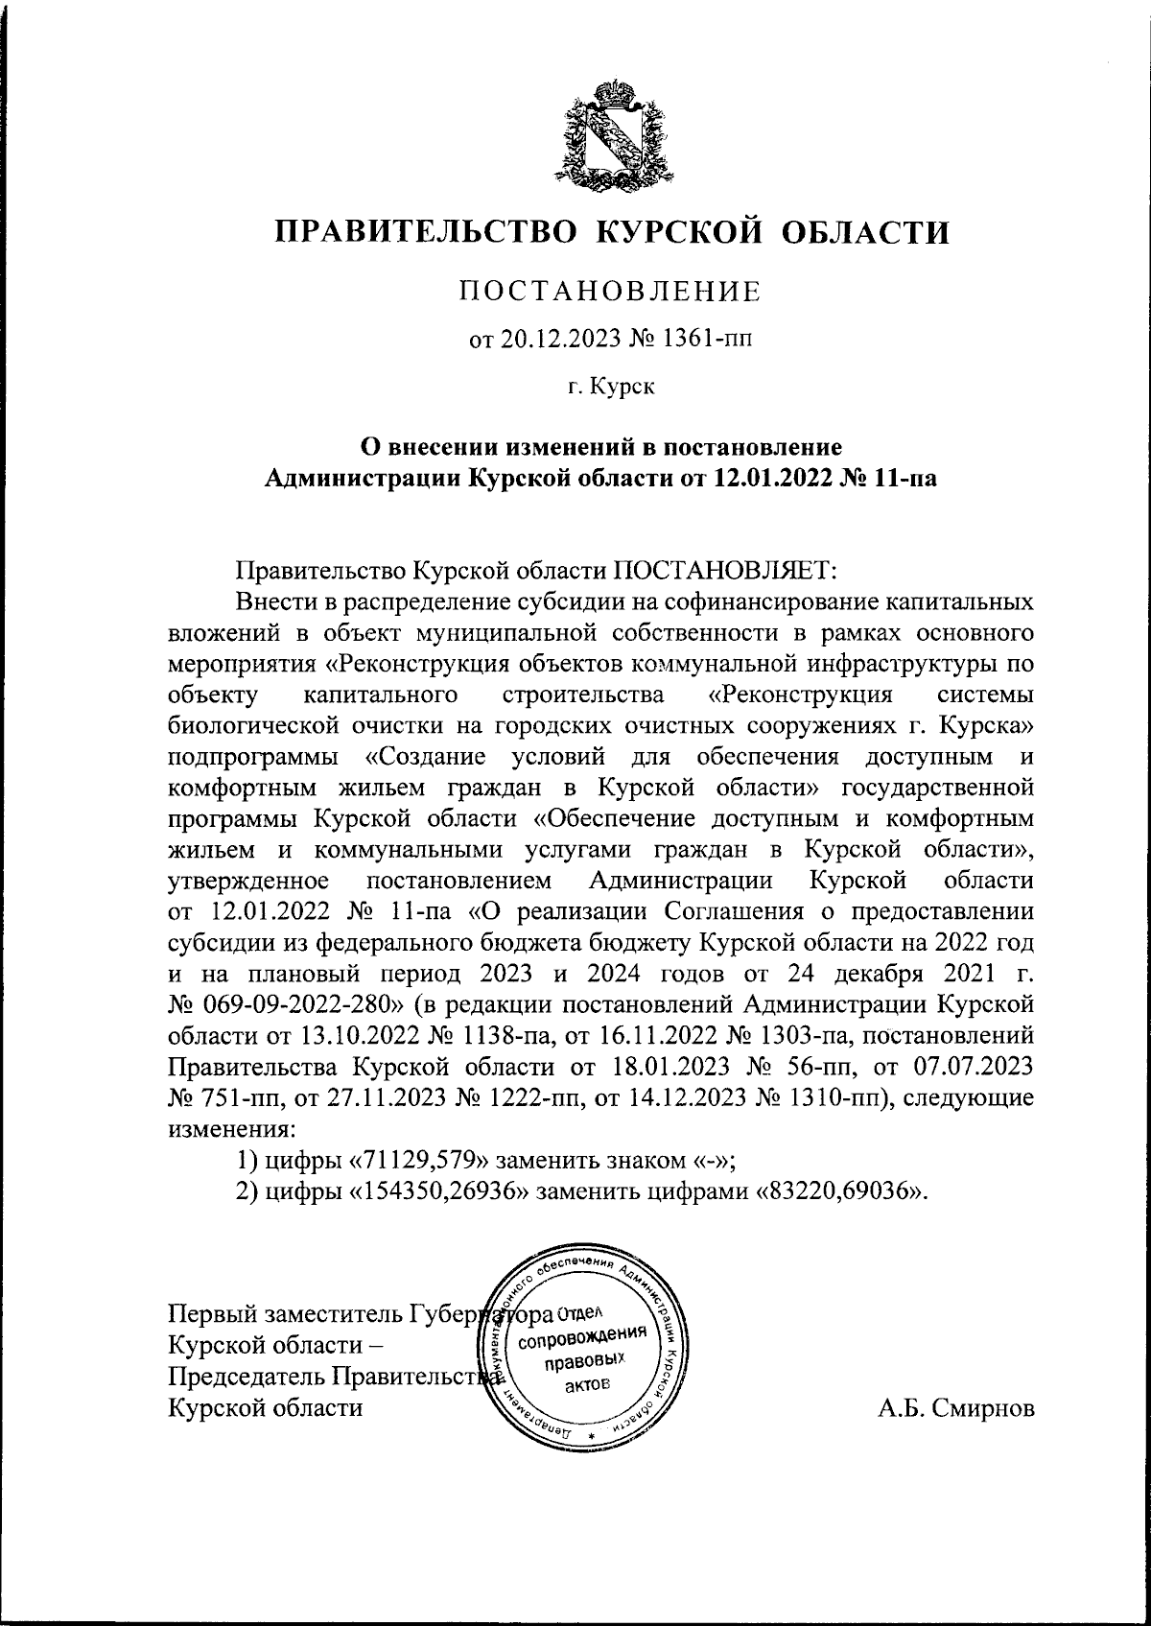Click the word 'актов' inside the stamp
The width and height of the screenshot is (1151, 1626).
pyautogui.click(x=587, y=1384)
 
